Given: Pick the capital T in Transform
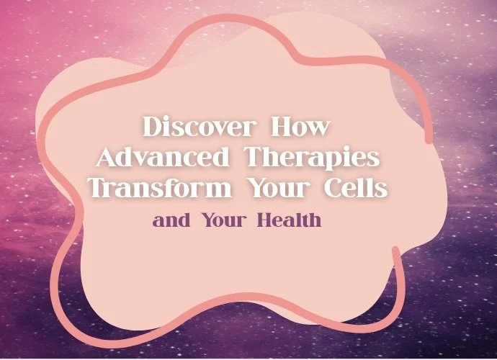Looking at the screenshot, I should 97,189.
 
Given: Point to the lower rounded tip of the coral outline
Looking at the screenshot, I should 395,251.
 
